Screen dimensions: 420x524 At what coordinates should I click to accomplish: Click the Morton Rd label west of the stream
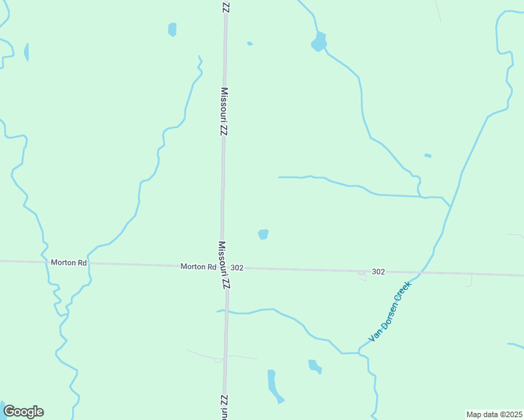[x=68, y=262]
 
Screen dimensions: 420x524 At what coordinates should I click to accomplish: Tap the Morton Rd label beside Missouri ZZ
[x=198, y=267]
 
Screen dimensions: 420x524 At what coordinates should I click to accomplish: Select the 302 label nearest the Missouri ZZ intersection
[x=237, y=268]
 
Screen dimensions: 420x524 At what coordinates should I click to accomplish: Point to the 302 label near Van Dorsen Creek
[x=378, y=272]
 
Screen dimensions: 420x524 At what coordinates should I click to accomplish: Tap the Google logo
[x=23, y=412]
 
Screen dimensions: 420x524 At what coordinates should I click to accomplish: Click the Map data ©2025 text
[x=494, y=414]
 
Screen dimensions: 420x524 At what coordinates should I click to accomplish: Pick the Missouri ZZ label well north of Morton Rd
[x=224, y=111]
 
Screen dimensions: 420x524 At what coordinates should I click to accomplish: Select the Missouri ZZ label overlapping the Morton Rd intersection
[x=223, y=266]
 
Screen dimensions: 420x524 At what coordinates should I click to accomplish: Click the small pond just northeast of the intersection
[x=263, y=234]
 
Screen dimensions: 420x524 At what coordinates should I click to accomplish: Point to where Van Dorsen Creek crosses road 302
[x=419, y=272]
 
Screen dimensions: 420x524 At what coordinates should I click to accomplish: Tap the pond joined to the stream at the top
[x=319, y=42]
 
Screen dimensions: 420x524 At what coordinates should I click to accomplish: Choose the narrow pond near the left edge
[x=26, y=52]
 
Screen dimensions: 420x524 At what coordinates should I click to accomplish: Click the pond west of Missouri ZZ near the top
[x=172, y=29]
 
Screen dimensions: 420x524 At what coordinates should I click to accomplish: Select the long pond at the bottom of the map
[x=273, y=386]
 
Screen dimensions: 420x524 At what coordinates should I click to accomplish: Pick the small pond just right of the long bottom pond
[x=314, y=365]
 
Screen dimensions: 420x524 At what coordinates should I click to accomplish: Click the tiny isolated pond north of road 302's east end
[x=427, y=155]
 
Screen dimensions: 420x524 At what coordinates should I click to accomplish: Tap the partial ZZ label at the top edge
[x=225, y=6]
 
